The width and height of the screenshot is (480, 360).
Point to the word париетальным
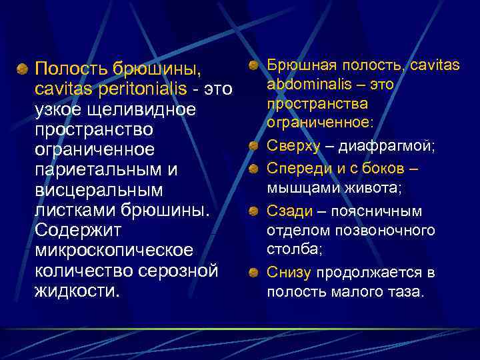coord(97,169)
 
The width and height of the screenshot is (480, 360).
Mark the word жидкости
coord(77,291)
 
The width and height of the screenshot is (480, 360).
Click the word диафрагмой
coord(394,146)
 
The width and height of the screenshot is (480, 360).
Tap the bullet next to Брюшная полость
coord(254,65)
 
